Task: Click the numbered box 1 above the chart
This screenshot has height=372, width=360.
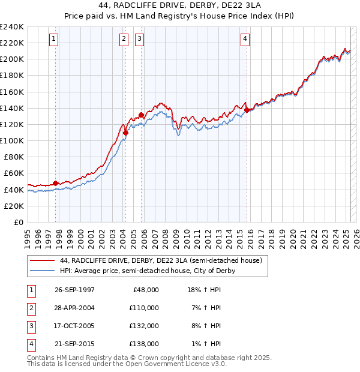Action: [54, 40]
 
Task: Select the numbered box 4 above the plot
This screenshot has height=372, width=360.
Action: [245, 40]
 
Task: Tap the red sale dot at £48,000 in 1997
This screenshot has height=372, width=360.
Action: [56, 183]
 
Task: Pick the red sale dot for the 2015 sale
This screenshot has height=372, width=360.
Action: [247, 110]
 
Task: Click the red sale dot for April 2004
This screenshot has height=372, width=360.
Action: [125, 133]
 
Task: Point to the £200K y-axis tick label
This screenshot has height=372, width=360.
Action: [12, 59]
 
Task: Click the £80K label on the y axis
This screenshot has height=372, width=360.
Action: [14, 157]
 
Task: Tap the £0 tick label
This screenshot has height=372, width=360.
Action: [18, 222]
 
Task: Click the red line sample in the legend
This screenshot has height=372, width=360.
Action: [43, 261]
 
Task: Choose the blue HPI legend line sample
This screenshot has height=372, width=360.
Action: [43, 271]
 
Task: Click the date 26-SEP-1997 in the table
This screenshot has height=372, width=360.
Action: [74, 290]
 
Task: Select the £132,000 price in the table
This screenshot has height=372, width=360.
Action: [144, 326]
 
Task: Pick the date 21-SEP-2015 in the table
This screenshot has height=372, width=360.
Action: [74, 344]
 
